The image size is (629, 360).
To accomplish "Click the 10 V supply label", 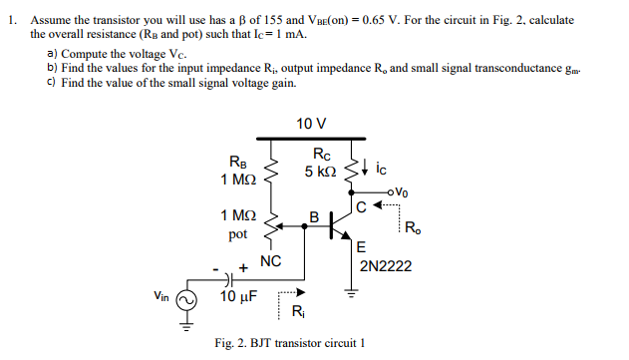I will tap(311, 124).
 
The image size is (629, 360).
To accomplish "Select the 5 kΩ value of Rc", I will tap(320, 172).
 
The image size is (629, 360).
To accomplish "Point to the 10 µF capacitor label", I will tap(239, 296).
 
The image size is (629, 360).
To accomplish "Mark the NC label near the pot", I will tap(271, 261).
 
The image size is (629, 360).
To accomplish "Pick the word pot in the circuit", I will tap(238, 233).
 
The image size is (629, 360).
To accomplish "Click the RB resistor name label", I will tap(240, 162).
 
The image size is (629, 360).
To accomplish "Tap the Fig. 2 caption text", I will tap(290, 343).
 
